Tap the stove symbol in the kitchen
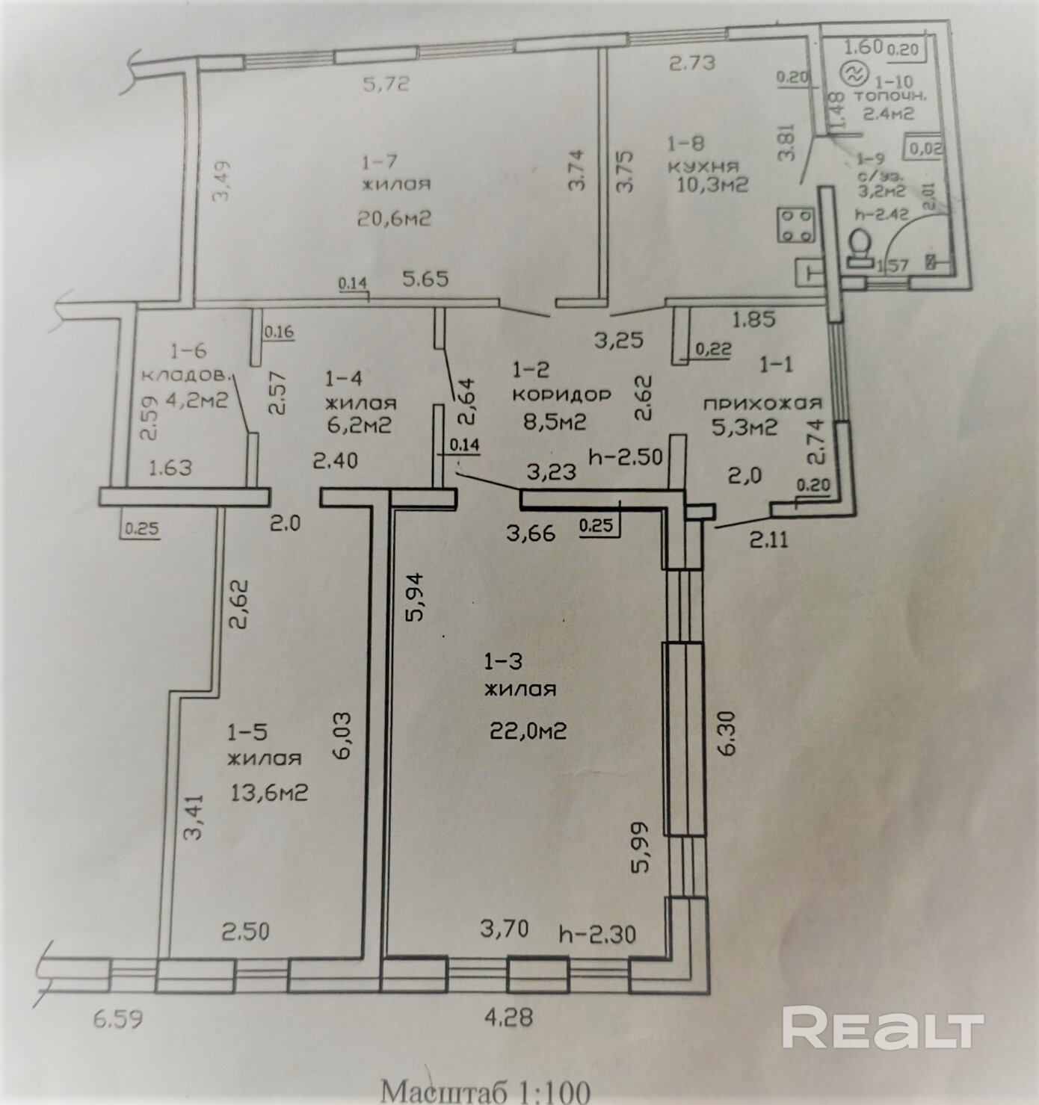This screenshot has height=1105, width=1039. (x=796, y=225)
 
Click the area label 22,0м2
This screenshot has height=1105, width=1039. (x=528, y=730)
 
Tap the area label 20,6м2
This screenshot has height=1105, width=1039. (x=395, y=218)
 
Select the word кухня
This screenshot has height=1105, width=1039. (x=703, y=166)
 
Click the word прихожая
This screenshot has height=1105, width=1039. (x=762, y=403)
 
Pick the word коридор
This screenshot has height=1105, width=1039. (x=561, y=394)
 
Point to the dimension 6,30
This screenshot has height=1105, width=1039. (x=729, y=732)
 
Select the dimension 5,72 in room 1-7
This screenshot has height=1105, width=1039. (x=386, y=84)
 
